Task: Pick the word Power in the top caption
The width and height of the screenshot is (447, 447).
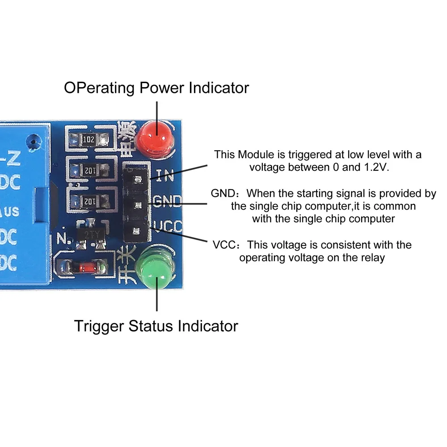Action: (163, 88)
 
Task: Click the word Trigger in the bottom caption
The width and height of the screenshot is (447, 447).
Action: (99, 326)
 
